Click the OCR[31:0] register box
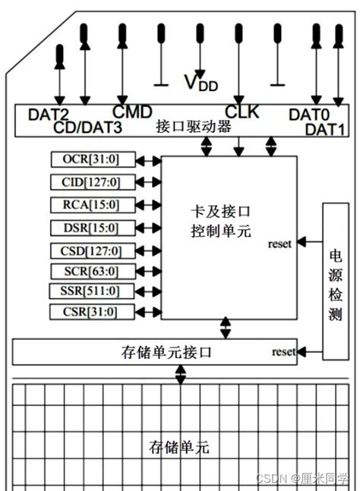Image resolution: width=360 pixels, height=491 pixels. click(95, 159)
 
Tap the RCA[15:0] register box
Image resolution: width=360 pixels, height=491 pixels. click(95, 204)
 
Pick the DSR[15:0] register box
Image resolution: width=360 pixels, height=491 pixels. click(95, 227)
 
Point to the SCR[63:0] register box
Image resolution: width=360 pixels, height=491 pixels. click(95, 271)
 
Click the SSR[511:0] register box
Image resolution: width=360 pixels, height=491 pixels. click(95, 291)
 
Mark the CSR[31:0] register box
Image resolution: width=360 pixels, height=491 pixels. click(95, 311)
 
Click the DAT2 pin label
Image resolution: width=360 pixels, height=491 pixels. click(49, 115)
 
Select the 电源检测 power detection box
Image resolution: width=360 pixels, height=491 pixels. click(335, 280)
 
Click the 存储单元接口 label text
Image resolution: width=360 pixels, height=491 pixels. click(166, 352)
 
